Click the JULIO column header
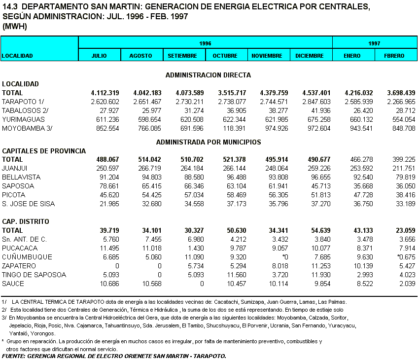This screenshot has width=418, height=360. pos(99,56)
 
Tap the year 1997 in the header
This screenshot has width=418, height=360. pos(374,43)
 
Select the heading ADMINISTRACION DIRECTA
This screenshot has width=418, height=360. pos(208,75)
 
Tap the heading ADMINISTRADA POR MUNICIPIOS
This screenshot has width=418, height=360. pos(209,142)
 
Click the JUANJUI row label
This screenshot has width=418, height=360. pos(15,169)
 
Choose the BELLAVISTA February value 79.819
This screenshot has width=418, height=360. pos(403,178)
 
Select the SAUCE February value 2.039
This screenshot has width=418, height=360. pos(406,284)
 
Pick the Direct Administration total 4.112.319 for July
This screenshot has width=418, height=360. pos(105,93)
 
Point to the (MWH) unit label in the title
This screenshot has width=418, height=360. pos(14,27)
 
